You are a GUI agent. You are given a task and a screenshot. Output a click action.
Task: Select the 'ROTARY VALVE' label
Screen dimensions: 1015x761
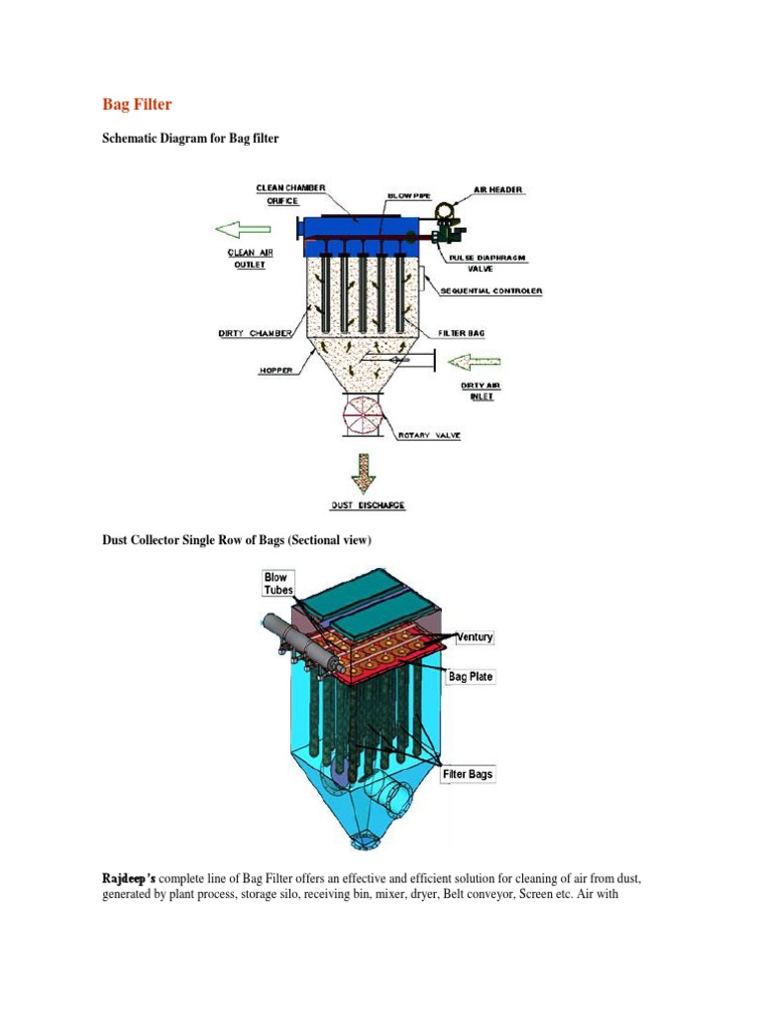pyautogui.click(x=428, y=434)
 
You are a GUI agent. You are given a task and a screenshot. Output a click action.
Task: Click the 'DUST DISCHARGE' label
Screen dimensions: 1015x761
pyautogui.click(x=368, y=505)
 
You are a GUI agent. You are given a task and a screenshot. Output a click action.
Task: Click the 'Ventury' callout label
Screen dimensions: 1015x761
pyautogui.click(x=475, y=636)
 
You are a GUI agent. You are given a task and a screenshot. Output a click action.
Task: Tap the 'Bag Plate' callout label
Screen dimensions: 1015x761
pyautogui.click(x=471, y=677)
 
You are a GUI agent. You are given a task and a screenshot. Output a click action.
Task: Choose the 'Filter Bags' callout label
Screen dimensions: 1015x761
pyautogui.click(x=469, y=774)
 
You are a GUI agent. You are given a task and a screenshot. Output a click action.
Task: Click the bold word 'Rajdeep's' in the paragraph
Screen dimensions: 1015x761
pyautogui.click(x=130, y=878)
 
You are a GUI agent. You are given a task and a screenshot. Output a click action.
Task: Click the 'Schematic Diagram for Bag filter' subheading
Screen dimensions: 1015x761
pyautogui.click(x=191, y=139)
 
